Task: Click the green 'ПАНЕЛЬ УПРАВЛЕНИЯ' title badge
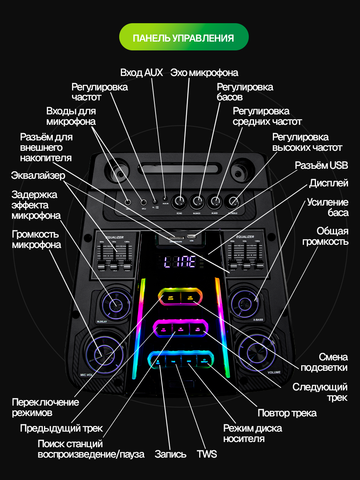[184, 37]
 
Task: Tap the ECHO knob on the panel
[180, 202]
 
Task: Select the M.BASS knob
[197, 202]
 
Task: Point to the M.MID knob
[215, 202]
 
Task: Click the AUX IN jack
[165, 198]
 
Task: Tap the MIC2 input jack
[144, 202]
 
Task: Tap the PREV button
[163, 330]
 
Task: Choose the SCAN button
[181, 330]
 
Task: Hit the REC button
[158, 362]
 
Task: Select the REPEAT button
[204, 361]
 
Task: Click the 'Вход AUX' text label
[142, 72]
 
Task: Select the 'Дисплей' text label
[328, 183]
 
